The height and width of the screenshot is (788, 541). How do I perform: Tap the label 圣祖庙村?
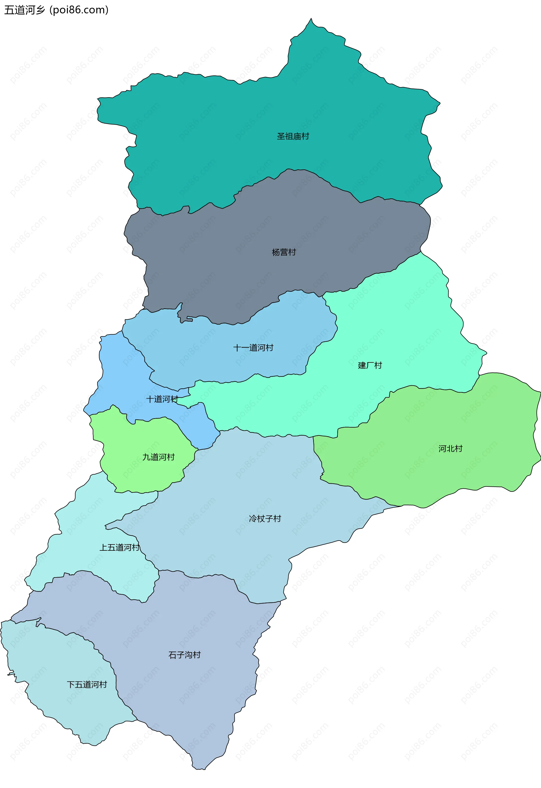293,136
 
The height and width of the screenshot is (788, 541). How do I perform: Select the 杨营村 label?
284,252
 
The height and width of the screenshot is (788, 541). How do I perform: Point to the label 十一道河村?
253,348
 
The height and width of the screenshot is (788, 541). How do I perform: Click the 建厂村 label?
370,366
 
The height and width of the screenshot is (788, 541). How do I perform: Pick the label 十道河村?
162,399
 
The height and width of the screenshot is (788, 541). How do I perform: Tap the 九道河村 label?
158,457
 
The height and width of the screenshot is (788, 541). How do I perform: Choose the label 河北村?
450,449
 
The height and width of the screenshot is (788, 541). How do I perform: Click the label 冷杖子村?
265,519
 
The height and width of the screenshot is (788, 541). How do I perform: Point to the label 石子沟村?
184,655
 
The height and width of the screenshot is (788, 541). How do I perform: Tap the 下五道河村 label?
87,685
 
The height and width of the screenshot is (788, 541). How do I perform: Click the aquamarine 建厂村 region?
407,322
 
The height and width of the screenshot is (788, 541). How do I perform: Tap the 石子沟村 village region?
190,695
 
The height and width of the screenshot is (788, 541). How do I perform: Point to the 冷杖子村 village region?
237,492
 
